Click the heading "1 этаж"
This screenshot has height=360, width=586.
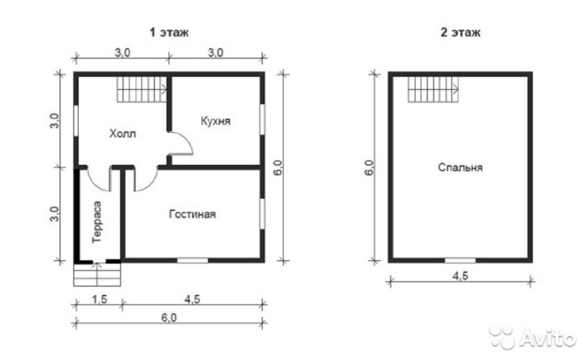click(x=169, y=31)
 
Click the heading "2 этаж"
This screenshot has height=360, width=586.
click(x=460, y=31)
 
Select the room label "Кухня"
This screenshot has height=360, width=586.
click(x=215, y=120)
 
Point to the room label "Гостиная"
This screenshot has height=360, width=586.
click(x=193, y=214)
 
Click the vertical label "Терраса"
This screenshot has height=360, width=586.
click(x=97, y=223)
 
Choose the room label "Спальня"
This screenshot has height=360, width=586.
click(x=460, y=167)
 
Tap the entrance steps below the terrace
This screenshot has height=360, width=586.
click(x=97, y=275)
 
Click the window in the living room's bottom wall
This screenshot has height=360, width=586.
click(x=193, y=260)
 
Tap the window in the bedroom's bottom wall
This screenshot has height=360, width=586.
click(x=460, y=260)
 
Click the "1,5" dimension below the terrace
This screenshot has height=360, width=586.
click(x=98, y=298)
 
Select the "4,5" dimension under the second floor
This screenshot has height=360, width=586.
click(x=460, y=273)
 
